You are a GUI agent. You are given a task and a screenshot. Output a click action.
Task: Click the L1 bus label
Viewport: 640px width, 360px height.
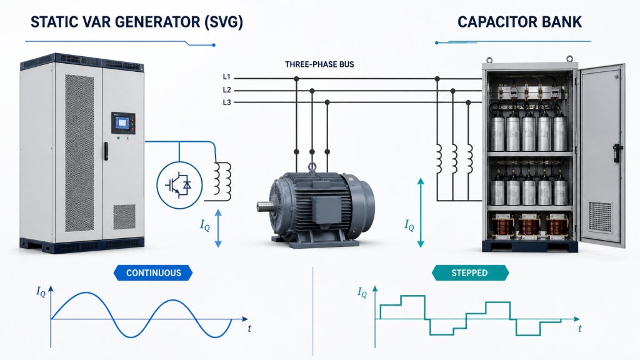click(226, 77)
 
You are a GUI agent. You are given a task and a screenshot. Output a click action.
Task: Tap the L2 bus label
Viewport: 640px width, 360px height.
click(227, 90)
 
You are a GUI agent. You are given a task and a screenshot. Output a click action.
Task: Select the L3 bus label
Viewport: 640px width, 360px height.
click(227, 102)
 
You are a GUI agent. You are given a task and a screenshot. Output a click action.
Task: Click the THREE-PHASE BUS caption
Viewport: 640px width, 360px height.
click(319, 64)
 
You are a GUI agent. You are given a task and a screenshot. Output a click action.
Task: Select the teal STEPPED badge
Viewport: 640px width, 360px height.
click(470, 272)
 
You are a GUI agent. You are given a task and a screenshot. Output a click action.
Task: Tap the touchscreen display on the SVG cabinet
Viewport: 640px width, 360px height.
click(122, 122)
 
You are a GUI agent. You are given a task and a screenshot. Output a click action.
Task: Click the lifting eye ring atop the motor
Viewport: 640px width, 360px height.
click(312, 166)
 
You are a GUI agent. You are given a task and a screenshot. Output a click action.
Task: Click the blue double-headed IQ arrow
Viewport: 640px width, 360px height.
click(218, 228)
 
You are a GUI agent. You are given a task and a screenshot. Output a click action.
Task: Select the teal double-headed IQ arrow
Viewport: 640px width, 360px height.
click(421, 212)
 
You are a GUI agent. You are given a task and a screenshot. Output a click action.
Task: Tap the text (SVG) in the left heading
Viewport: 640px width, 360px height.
click(224, 22)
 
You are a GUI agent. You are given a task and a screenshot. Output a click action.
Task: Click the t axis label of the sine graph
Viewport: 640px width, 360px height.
click(249, 329)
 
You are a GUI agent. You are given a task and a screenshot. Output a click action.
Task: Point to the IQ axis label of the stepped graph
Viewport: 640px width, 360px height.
click(362, 292)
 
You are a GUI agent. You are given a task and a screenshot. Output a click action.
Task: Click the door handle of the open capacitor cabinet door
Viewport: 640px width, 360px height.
click(617, 152)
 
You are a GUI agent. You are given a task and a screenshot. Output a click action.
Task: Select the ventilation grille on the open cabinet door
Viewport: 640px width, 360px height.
click(601, 217)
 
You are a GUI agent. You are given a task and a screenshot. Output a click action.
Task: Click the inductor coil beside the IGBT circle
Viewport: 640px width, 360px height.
click(223, 181)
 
